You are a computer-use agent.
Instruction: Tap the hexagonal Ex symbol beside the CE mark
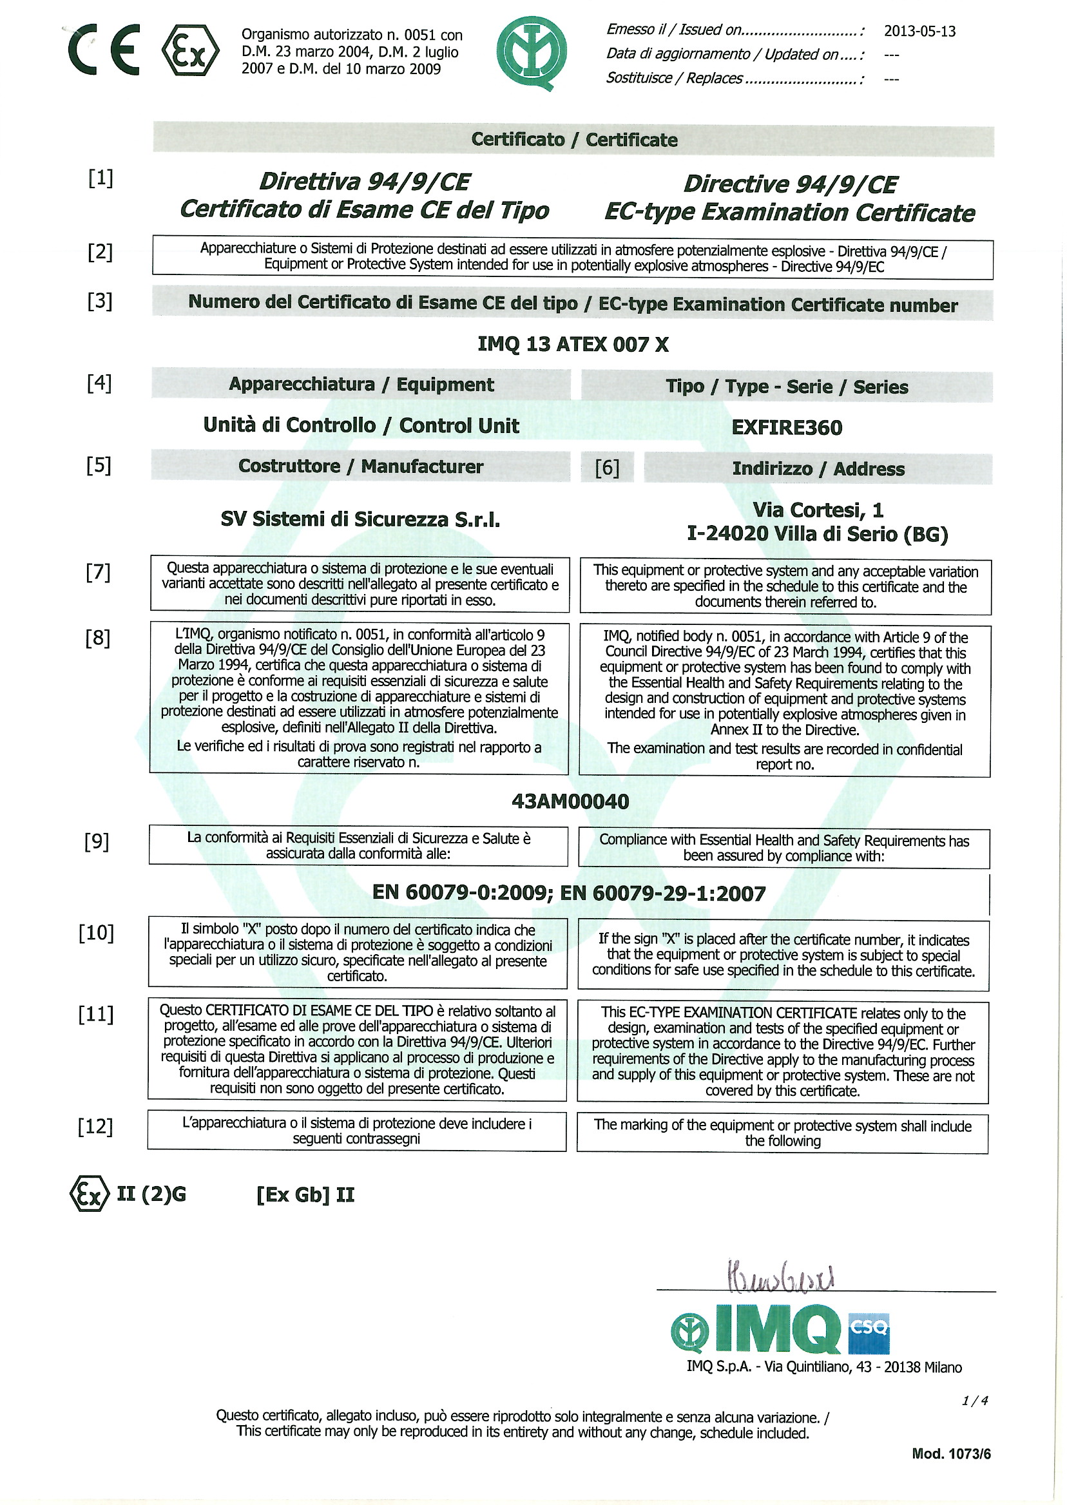pos(190,51)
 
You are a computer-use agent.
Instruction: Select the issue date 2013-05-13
pos(919,32)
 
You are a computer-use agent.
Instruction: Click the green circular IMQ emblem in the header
pos(532,53)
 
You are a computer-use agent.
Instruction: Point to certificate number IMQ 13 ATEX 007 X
pos(572,344)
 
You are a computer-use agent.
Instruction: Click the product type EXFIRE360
pos(787,428)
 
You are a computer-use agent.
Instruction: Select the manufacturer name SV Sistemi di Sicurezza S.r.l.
pos(360,520)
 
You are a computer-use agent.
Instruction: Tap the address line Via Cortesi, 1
pos(818,510)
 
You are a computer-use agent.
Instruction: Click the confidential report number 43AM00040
pos(570,801)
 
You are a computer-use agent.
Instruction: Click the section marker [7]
pos(98,572)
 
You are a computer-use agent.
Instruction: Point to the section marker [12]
pos(95,1127)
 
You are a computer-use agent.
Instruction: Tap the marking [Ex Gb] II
pos(305,1194)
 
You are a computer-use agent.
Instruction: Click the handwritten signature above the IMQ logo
pos(780,1276)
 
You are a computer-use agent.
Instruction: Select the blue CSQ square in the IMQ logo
pos(868,1333)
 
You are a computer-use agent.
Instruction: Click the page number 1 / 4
pos(974,1401)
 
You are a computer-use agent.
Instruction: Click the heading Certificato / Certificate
pos(573,139)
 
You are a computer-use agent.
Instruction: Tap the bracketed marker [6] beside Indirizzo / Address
pos(606,468)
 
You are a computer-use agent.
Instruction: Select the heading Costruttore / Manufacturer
pos(360,466)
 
